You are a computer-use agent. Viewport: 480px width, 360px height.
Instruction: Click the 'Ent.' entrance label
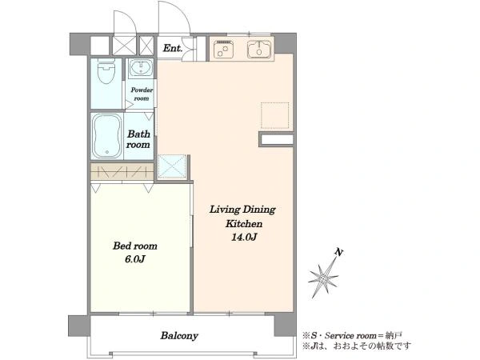pyautogui.click(x=173, y=48)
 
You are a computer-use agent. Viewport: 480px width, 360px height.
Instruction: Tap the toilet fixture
pyautogui.click(x=106, y=71)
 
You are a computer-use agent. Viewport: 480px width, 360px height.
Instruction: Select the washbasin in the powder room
pyautogui.click(x=141, y=67)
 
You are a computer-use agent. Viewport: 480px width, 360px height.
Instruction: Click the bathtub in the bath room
pyautogui.click(x=107, y=136)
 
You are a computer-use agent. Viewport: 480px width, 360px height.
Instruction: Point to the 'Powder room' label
pyautogui.click(x=142, y=94)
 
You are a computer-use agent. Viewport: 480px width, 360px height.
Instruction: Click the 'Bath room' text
pyautogui.click(x=138, y=139)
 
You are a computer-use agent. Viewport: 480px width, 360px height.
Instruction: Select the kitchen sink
pyautogui.click(x=259, y=49)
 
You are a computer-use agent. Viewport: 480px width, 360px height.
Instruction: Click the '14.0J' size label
pyautogui.click(x=244, y=238)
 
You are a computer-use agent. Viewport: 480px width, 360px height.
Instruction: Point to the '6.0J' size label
pyautogui.click(x=134, y=259)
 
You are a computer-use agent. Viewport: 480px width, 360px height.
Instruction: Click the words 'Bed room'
pyautogui.click(x=135, y=246)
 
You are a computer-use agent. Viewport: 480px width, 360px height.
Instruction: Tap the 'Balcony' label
pyautogui.click(x=179, y=336)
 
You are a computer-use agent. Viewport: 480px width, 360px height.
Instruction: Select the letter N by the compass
pyautogui.click(x=338, y=253)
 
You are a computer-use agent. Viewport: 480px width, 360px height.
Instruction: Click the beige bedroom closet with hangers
pyautogui.click(x=122, y=171)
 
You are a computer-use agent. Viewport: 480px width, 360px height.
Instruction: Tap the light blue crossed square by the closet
pyautogui.click(x=172, y=167)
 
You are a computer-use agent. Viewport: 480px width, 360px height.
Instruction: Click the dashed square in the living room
pyautogui.click(x=275, y=115)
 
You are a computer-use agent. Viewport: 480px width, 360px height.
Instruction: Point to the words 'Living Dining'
pyautogui.click(x=242, y=210)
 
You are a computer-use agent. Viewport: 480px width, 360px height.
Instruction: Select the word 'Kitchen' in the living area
pyautogui.click(x=244, y=224)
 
